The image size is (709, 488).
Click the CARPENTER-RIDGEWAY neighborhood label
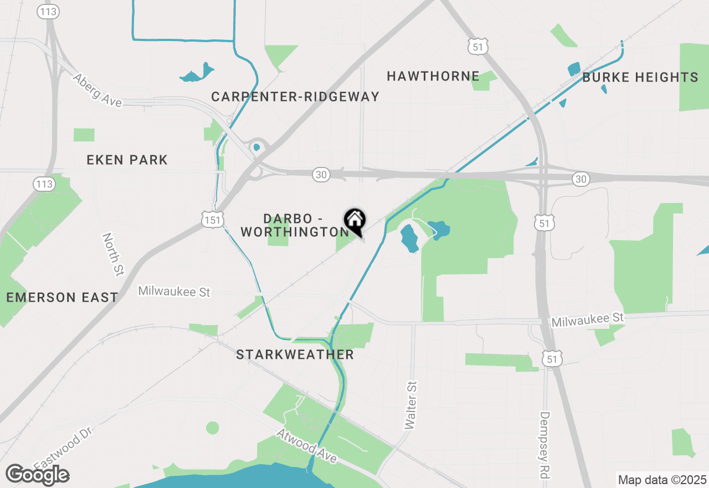(x=295, y=97)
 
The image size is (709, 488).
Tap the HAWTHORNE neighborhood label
(x=433, y=76)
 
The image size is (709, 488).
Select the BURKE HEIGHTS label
(x=640, y=78)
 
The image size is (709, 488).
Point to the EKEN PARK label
(x=127, y=160)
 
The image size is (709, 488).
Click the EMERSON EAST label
(x=62, y=297)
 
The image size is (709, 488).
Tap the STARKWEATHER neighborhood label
(x=295, y=355)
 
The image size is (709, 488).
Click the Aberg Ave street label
(x=97, y=90)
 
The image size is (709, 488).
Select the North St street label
(x=113, y=255)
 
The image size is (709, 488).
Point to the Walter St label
(x=410, y=405)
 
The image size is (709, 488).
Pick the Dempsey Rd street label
(x=546, y=445)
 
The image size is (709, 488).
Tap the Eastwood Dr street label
(x=61, y=448)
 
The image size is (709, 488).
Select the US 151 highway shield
(x=213, y=221)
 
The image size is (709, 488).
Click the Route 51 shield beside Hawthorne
(x=477, y=48)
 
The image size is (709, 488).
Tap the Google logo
(x=37, y=475)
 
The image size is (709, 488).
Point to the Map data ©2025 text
(x=662, y=480)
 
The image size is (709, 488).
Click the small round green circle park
(x=213, y=428)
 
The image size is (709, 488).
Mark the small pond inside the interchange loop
(x=256, y=148)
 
